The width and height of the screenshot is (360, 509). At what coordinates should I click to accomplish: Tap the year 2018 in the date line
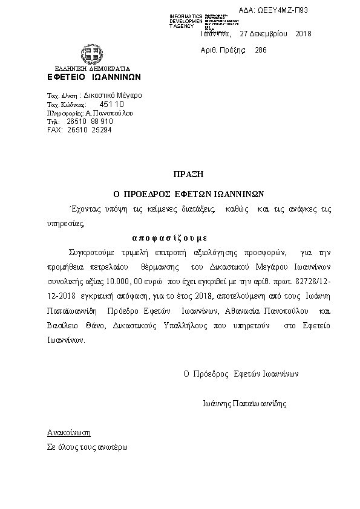pos(303,34)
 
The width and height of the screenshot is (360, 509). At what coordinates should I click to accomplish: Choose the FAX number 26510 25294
pos(89,130)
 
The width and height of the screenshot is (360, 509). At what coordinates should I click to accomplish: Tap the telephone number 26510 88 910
pos(90,122)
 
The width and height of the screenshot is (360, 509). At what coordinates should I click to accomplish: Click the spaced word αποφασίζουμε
pos(169,238)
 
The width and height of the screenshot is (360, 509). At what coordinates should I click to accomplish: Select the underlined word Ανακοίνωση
pos(68,433)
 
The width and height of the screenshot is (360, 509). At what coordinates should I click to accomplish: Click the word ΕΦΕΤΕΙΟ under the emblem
pos(64,77)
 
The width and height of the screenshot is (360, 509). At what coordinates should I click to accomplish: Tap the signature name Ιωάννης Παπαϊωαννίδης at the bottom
pos(244,403)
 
